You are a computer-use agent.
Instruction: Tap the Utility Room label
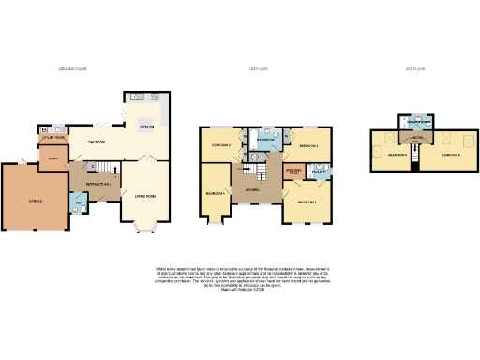[x=54, y=137]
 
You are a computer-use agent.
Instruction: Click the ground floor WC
[x=77, y=203]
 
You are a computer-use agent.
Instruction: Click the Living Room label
[x=145, y=195]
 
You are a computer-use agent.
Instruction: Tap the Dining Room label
[x=97, y=142]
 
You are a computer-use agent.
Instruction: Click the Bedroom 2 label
[x=220, y=146]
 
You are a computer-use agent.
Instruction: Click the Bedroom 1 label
[x=307, y=202]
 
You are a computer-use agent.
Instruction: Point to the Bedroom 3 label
[x=309, y=147]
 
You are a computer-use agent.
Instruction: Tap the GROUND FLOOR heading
[x=72, y=69]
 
